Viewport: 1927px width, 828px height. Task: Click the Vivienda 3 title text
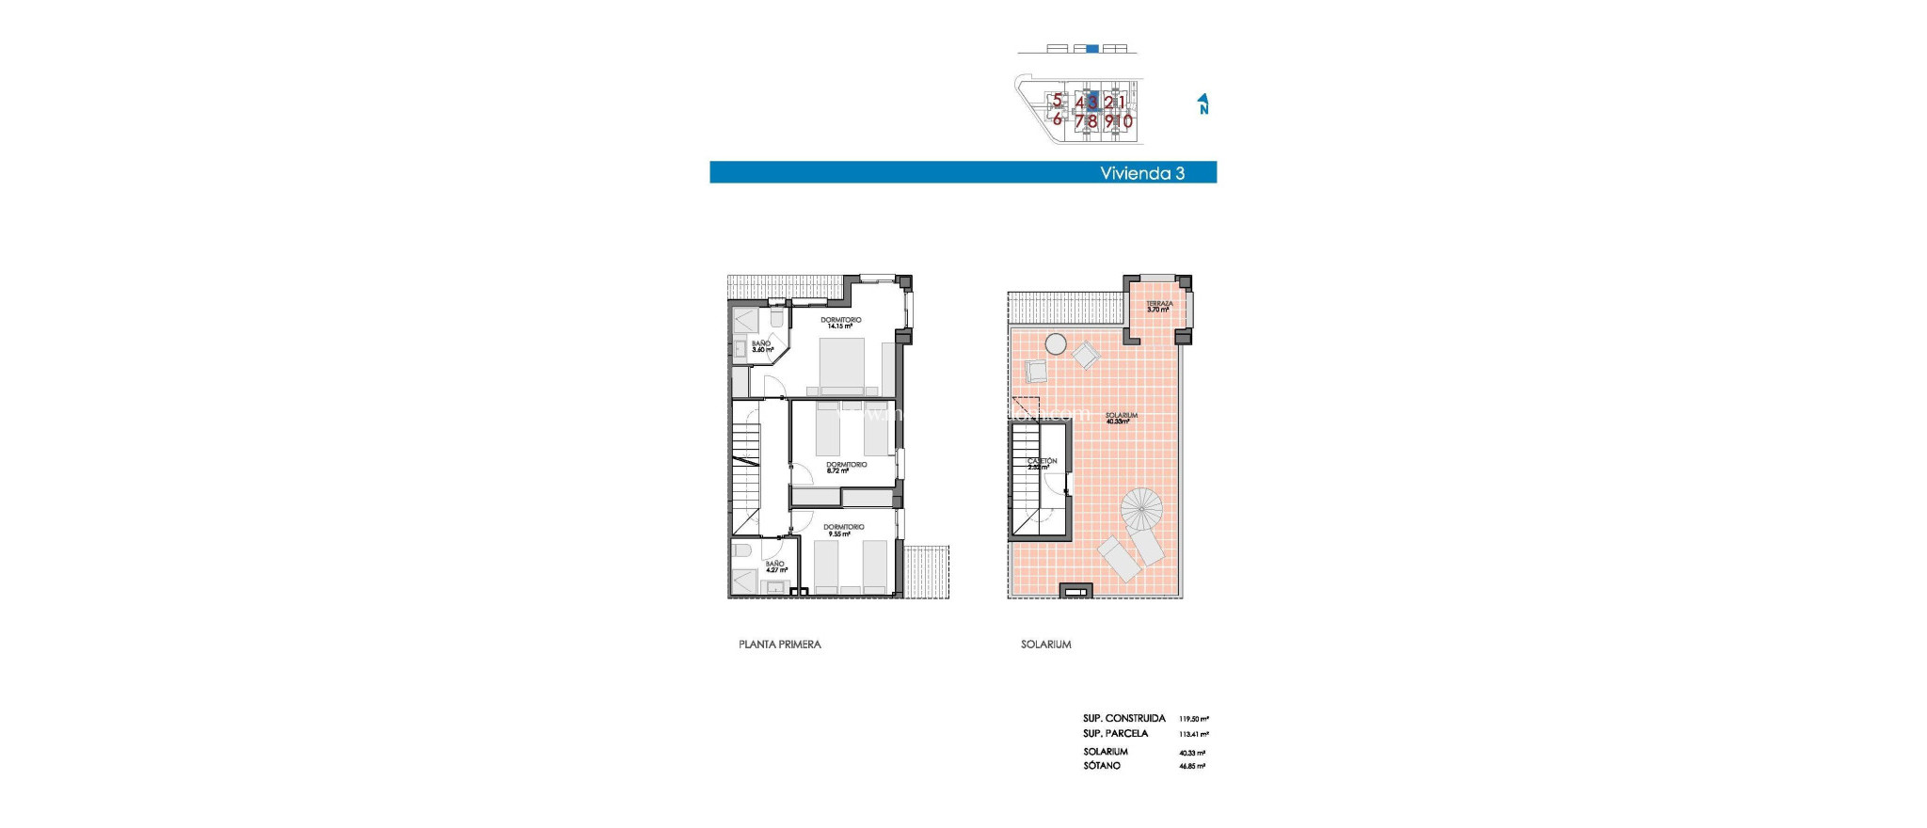[1141, 173]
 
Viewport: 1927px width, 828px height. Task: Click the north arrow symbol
[1202, 103]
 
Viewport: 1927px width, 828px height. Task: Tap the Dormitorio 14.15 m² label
[840, 323]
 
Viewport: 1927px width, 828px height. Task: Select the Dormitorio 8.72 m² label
[846, 468]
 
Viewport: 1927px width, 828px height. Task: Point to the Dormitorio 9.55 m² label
[843, 530]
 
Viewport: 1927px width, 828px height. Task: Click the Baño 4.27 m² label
[775, 566]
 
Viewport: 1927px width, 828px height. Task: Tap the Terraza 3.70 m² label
[1158, 307]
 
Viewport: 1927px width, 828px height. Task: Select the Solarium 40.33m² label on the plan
[1121, 418]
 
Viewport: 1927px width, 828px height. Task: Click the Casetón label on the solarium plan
[1042, 464]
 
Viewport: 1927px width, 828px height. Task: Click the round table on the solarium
[1056, 344]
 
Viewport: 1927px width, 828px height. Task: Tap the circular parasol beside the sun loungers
[1141, 508]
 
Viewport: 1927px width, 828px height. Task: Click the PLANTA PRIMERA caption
[779, 645]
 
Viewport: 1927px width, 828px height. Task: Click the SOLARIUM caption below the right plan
[1045, 645]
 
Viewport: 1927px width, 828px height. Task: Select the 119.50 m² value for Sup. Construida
[1193, 719]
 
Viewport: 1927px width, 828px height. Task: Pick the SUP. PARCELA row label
[1115, 734]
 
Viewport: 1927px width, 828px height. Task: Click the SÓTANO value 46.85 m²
[1192, 767]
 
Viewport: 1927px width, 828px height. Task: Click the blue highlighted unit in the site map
[1091, 101]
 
